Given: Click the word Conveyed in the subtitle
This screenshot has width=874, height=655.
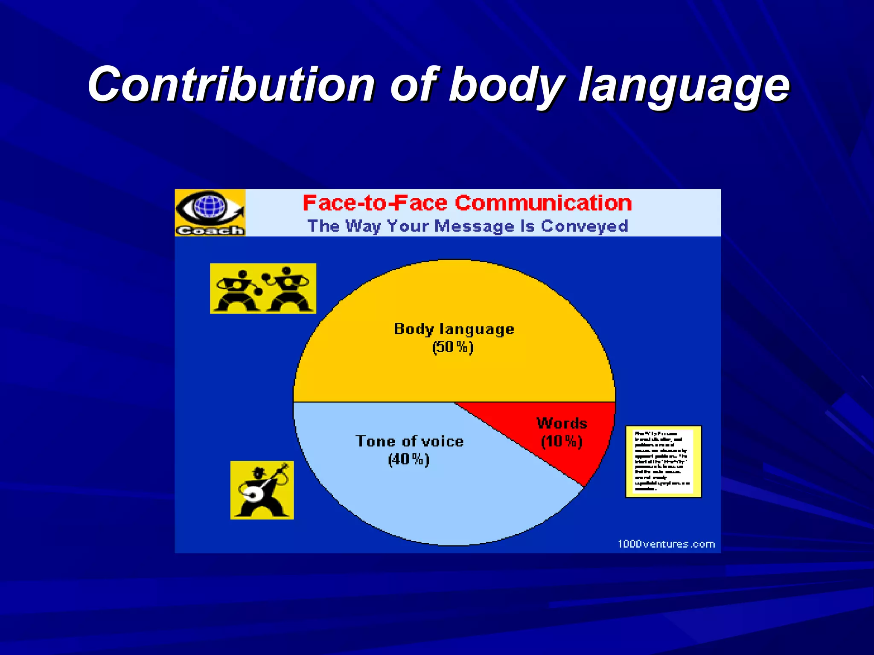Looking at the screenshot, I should (x=584, y=226).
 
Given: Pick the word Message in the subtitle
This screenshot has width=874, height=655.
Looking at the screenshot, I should (x=474, y=226).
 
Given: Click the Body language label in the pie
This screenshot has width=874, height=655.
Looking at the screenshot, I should (x=454, y=329).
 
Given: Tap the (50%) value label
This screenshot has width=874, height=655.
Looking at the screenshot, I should (x=453, y=347).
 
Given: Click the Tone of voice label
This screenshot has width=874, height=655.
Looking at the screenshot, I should (x=409, y=441).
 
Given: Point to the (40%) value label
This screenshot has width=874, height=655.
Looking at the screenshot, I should (x=408, y=459).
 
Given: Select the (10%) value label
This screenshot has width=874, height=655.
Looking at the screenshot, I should (x=562, y=441).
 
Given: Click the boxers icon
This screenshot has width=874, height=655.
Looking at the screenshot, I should (x=263, y=289).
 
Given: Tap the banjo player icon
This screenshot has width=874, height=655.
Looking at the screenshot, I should (x=262, y=490).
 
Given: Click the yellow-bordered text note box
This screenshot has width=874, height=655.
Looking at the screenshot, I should (x=663, y=461).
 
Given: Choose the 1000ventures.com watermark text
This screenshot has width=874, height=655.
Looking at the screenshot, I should (x=666, y=544).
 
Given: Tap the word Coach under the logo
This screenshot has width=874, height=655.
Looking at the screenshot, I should (x=210, y=231).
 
